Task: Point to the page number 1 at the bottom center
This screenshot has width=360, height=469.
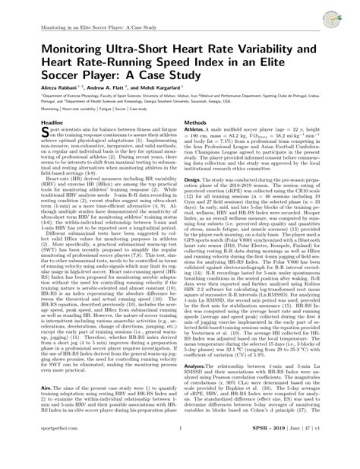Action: tap(180, 460)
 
